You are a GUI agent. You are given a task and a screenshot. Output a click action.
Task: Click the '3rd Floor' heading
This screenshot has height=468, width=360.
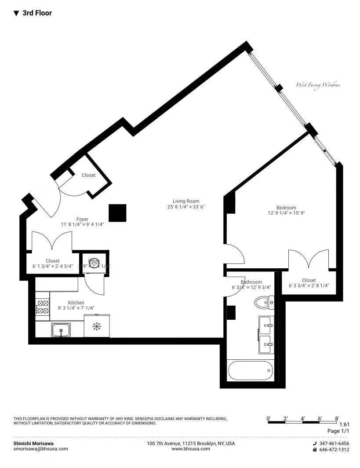37,13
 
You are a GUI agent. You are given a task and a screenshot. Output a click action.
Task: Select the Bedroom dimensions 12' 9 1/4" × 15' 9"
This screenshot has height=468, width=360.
286,213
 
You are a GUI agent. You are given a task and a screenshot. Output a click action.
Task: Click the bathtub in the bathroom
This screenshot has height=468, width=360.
250,370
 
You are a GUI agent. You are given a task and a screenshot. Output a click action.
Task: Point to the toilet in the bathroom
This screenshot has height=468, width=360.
265,302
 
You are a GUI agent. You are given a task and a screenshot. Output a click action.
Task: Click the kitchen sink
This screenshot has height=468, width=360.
61,329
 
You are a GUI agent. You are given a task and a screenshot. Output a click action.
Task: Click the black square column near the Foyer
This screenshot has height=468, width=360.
118,213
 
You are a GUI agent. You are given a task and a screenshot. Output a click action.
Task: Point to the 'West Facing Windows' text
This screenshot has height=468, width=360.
318,85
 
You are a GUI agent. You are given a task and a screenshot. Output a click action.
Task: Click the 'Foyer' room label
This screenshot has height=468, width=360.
82,219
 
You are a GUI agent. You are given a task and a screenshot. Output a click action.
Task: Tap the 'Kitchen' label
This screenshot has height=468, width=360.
76,303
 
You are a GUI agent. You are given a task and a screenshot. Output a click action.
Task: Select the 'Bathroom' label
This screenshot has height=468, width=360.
251,282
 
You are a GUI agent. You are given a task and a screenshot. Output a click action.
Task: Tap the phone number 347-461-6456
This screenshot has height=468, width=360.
334,443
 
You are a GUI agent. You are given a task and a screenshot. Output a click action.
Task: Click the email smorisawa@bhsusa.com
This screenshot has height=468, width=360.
41,449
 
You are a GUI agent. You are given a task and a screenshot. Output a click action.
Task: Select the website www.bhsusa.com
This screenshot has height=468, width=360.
191,449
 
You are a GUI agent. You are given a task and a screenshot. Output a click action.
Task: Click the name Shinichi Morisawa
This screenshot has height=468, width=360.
33,443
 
